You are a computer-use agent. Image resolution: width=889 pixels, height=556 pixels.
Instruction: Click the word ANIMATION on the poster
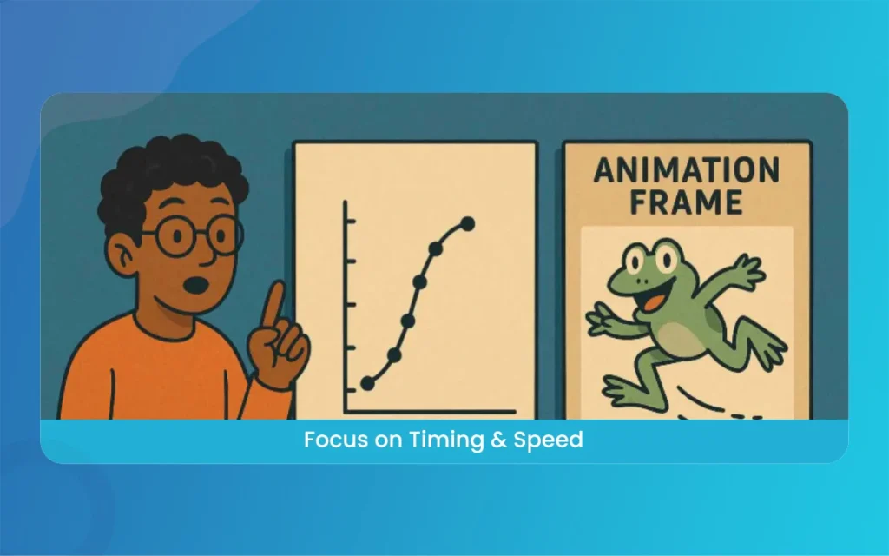(x=686, y=169)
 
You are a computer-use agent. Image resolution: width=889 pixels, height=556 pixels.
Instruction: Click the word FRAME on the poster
(x=686, y=202)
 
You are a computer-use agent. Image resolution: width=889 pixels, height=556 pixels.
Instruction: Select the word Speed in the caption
(x=547, y=440)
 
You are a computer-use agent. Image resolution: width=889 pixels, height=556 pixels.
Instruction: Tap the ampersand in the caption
(x=491, y=440)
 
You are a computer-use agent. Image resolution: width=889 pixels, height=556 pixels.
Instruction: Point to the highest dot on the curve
(x=467, y=224)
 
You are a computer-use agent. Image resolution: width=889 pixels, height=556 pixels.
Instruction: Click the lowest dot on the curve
(x=367, y=383)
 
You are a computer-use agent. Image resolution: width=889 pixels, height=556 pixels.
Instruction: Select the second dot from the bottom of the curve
(x=394, y=354)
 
